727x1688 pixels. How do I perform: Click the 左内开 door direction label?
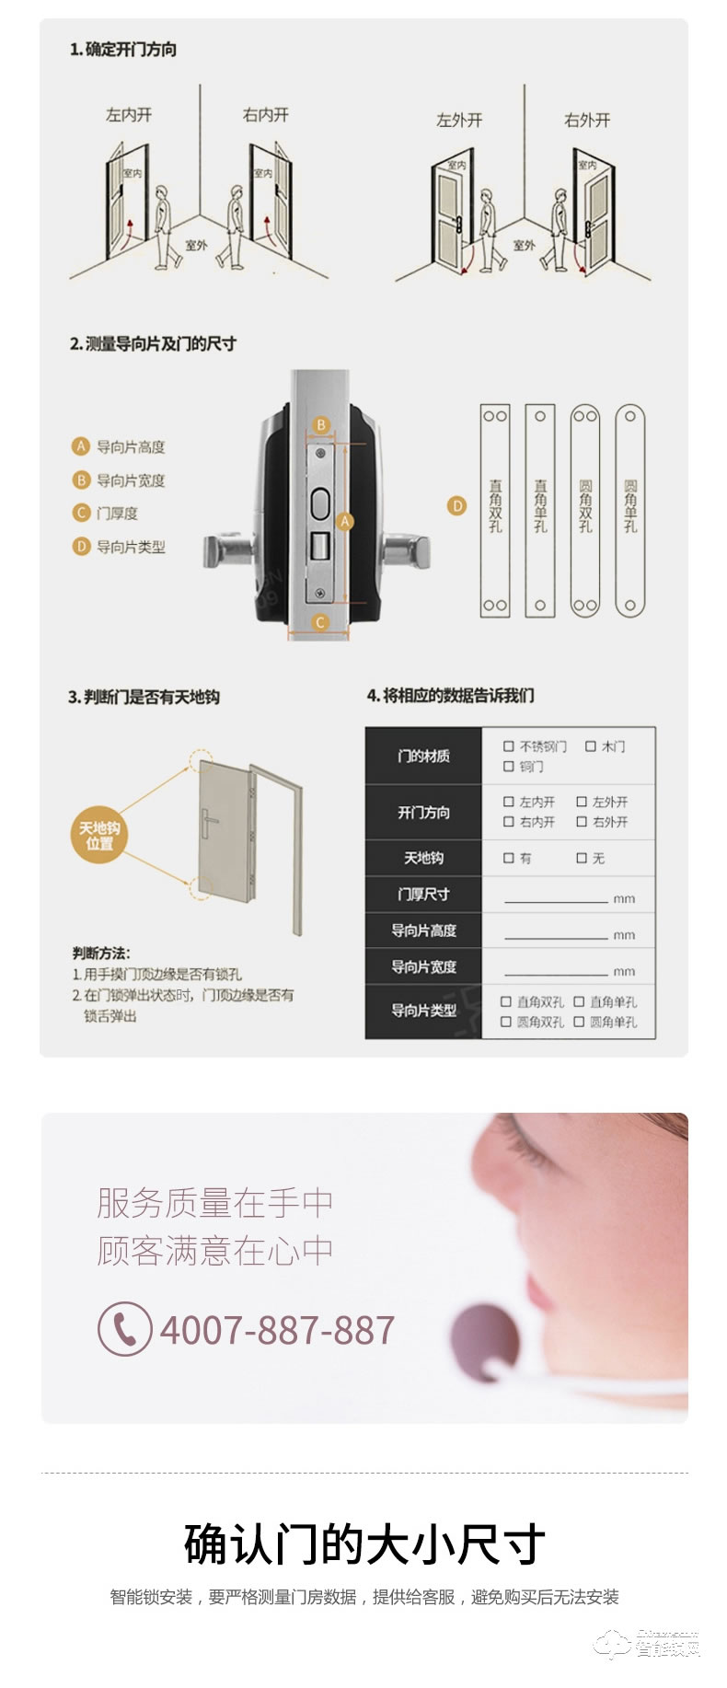pos(128,115)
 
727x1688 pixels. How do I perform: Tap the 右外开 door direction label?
pos(587,120)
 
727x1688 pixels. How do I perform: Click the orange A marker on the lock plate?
pos(345,521)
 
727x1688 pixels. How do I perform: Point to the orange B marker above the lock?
pos(321,424)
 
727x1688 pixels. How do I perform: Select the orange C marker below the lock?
pos(320,622)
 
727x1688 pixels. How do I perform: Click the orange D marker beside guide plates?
pos(456,505)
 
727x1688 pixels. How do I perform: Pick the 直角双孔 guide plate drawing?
pos(495,510)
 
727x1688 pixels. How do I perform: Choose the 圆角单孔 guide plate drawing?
pos(630,510)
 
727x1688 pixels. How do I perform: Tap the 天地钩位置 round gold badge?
pos(99,835)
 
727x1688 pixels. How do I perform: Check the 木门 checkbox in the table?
pos(591,746)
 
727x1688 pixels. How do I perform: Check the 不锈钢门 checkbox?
pos(508,746)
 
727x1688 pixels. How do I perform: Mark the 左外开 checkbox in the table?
pos(582,802)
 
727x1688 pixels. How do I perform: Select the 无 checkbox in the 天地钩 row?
pos(582,858)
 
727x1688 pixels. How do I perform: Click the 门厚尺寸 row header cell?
pos(423,894)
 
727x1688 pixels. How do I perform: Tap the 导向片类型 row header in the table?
pos(423,1011)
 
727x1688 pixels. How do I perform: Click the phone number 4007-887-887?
pos(277,1330)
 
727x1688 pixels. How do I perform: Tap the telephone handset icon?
pos(124,1328)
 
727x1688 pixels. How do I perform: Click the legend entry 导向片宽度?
pos(130,480)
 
